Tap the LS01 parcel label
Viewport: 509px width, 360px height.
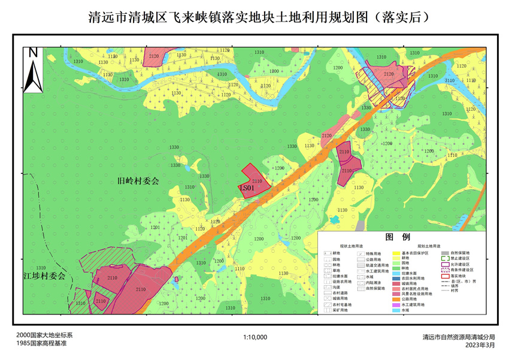tap(247, 188)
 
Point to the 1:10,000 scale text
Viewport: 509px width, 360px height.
tap(255, 337)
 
